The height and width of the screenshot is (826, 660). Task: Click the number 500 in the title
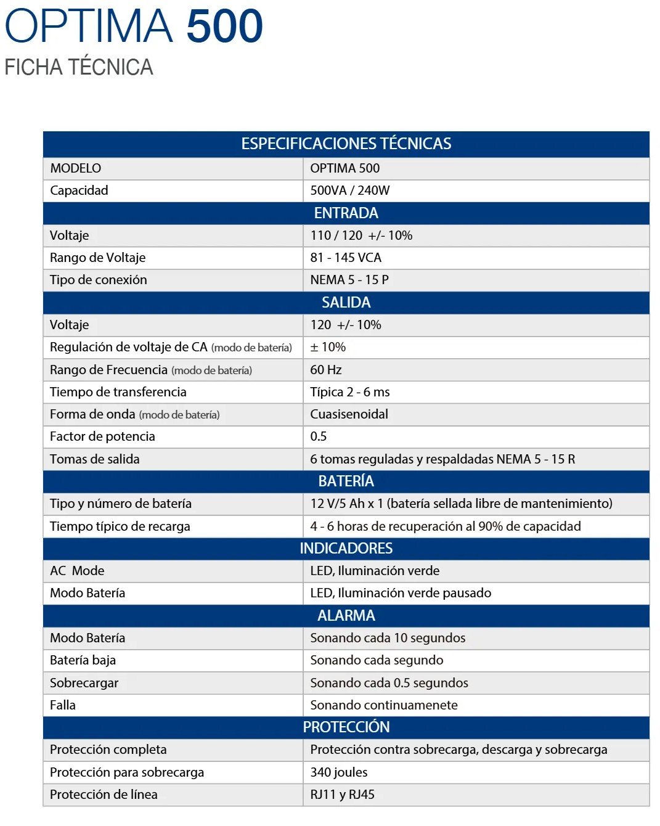pyautogui.click(x=224, y=26)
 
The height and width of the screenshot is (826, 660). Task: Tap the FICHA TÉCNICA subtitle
pyautogui.click(x=78, y=67)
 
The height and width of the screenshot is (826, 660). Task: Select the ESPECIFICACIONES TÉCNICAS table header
pyautogui.click(x=346, y=144)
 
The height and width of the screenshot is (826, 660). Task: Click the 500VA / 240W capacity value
pyautogui.click(x=349, y=190)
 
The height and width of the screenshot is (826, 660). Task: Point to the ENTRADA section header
pyautogui.click(x=346, y=213)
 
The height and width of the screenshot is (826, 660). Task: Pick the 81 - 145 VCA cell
pyautogui.click(x=346, y=258)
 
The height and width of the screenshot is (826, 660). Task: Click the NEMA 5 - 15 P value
pyautogui.click(x=349, y=280)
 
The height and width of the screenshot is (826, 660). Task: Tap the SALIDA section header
pyautogui.click(x=346, y=303)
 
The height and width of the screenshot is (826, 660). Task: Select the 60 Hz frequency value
pyautogui.click(x=326, y=370)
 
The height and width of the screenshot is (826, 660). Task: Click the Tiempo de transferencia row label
pyautogui.click(x=118, y=392)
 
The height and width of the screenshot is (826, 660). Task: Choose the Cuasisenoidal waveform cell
pyautogui.click(x=349, y=414)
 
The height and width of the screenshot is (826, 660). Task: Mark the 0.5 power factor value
pyautogui.click(x=319, y=436)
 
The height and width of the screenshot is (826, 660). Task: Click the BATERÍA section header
pyautogui.click(x=346, y=481)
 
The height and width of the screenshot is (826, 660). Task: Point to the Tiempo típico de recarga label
pyautogui.click(x=120, y=526)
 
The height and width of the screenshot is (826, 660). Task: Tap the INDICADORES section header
pyautogui.click(x=346, y=549)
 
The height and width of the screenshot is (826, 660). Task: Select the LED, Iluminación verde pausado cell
pyautogui.click(x=401, y=593)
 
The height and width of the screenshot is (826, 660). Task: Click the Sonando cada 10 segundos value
pyautogui.click(x=388, y=638)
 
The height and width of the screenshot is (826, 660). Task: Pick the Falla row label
pyautogui.click(x=63, y=705)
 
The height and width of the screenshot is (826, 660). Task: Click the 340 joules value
pyautogui.click(x=339, y=772)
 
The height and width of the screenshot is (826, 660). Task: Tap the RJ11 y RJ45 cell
pyautogui.click(x=342, y=795)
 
